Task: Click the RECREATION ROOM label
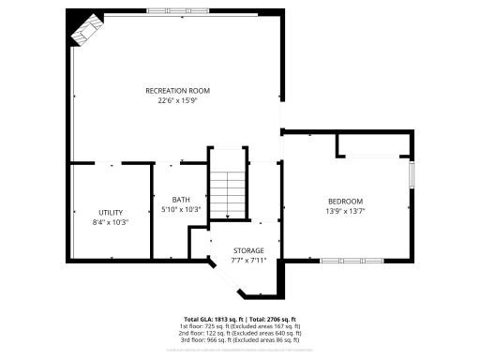pyautogui.click(x=177, y=90)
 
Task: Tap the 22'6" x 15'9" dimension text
pyautogui.click(x=177, y=100)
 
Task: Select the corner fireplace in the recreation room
pyautogui.click(x=85, y=31)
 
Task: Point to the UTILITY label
pyautogui.click(x=111, y=212)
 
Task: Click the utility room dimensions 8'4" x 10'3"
pyautogui.click(x=111, y=222)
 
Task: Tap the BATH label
pyautogui.click(x=181, y=200)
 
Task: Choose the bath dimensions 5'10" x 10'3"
pyautogui.click(x=181, y=209)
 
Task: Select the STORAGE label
pyautogui.click(x=248, y=250)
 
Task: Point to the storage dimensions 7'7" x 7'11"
pyautogui.click(x=248, y=260)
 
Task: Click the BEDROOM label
pyautogui.click(x=345, y=202)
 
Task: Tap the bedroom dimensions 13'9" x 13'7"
pyautogui.click(x=345, y=211)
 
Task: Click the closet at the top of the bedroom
pyautogui.click(x=371, y=144)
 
